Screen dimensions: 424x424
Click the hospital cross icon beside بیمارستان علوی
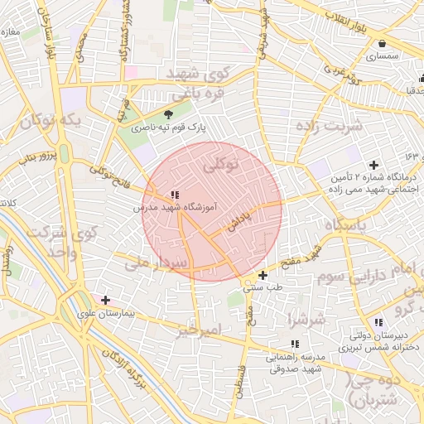[x=105, y=300]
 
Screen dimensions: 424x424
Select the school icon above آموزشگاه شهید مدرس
[x=173, y=194]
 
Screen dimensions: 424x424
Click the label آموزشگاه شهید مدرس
[x=174, y=209]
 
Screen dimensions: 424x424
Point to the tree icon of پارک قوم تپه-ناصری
[x=169, y=114]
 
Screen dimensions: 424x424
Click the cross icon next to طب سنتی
[x=263, y=275]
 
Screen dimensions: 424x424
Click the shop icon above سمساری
[x=381, y=44]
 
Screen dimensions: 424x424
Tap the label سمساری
[x=381, y=57]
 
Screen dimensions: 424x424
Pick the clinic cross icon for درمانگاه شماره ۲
[x=374, y=165]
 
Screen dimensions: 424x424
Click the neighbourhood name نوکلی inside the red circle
[x=221, y=166]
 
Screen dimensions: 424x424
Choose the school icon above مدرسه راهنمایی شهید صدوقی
[x=295, y=343]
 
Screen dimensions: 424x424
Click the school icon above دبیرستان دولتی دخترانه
[x=378, y=321]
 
